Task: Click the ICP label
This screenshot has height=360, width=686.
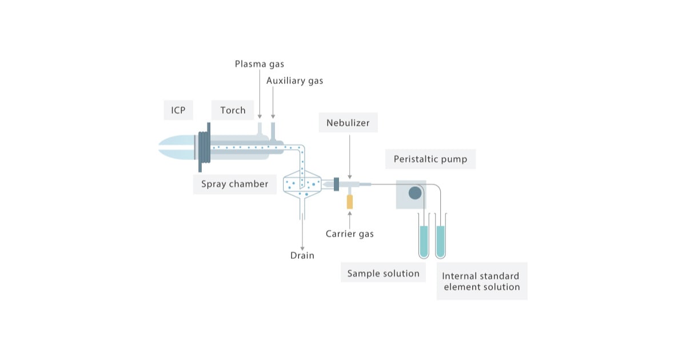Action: pos(178,110)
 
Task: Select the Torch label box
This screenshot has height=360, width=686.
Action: pos(233,110)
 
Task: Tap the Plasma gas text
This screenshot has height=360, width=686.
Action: pos(260,63)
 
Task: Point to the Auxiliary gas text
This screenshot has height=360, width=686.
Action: pos(294,81)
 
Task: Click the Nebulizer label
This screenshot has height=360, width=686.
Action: pos(348,123)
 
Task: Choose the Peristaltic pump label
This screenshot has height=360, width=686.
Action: pos(430,159)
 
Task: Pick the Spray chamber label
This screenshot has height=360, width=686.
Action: pos(234,184)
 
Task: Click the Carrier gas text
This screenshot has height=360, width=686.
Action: pos(349,233)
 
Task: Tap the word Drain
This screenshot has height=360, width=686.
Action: pos(302,255)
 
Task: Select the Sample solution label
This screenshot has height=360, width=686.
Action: pos(384,273)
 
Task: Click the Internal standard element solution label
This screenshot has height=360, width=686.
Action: pos(481,281)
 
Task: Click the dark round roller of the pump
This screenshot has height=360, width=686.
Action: pos(415,193)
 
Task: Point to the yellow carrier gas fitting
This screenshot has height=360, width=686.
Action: pos(349,201)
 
